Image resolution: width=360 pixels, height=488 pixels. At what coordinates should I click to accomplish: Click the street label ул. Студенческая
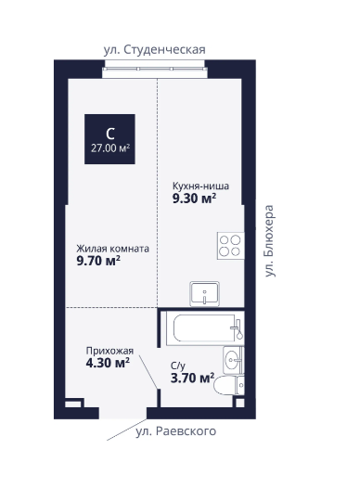click(154, 50)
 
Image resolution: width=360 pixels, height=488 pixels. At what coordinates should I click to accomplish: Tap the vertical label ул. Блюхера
click(269, 240)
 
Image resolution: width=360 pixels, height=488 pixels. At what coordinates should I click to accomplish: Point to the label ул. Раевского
click(175, 431)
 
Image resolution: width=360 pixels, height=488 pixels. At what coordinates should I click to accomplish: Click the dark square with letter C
click(109, 139)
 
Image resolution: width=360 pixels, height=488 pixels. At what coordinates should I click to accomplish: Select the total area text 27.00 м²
click(110, 148)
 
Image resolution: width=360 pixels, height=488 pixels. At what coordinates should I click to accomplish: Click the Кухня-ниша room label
click(200, 186)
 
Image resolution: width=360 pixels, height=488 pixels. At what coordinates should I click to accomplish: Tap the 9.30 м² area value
click(194, 199)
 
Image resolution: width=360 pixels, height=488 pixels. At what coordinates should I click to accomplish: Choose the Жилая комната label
click(112, 249)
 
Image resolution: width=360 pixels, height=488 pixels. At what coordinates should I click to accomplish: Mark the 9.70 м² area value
click(98, 261)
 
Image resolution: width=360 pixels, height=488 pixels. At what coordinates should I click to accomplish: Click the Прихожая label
click(109, 351)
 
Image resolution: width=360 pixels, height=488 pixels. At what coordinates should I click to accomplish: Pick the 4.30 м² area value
click(108, 363)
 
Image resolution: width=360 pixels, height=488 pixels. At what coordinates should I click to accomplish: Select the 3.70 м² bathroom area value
click(192, 378)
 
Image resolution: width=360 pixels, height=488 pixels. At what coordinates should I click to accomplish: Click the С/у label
click(177, 366)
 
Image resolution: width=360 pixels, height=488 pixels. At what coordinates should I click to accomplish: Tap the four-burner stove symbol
click(230, 246)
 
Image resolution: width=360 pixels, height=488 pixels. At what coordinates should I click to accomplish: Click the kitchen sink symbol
click(204, 294)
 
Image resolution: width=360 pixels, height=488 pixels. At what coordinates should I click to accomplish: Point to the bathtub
click(205, 328)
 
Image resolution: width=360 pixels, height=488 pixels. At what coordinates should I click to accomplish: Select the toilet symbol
click(229, 385)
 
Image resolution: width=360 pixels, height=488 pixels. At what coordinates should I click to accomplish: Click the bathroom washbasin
click(234, 360)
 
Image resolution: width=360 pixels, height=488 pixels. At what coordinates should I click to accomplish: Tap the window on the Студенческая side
click(155, 69)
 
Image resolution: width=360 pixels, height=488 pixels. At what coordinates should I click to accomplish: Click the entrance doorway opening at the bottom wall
click(122, 413)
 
